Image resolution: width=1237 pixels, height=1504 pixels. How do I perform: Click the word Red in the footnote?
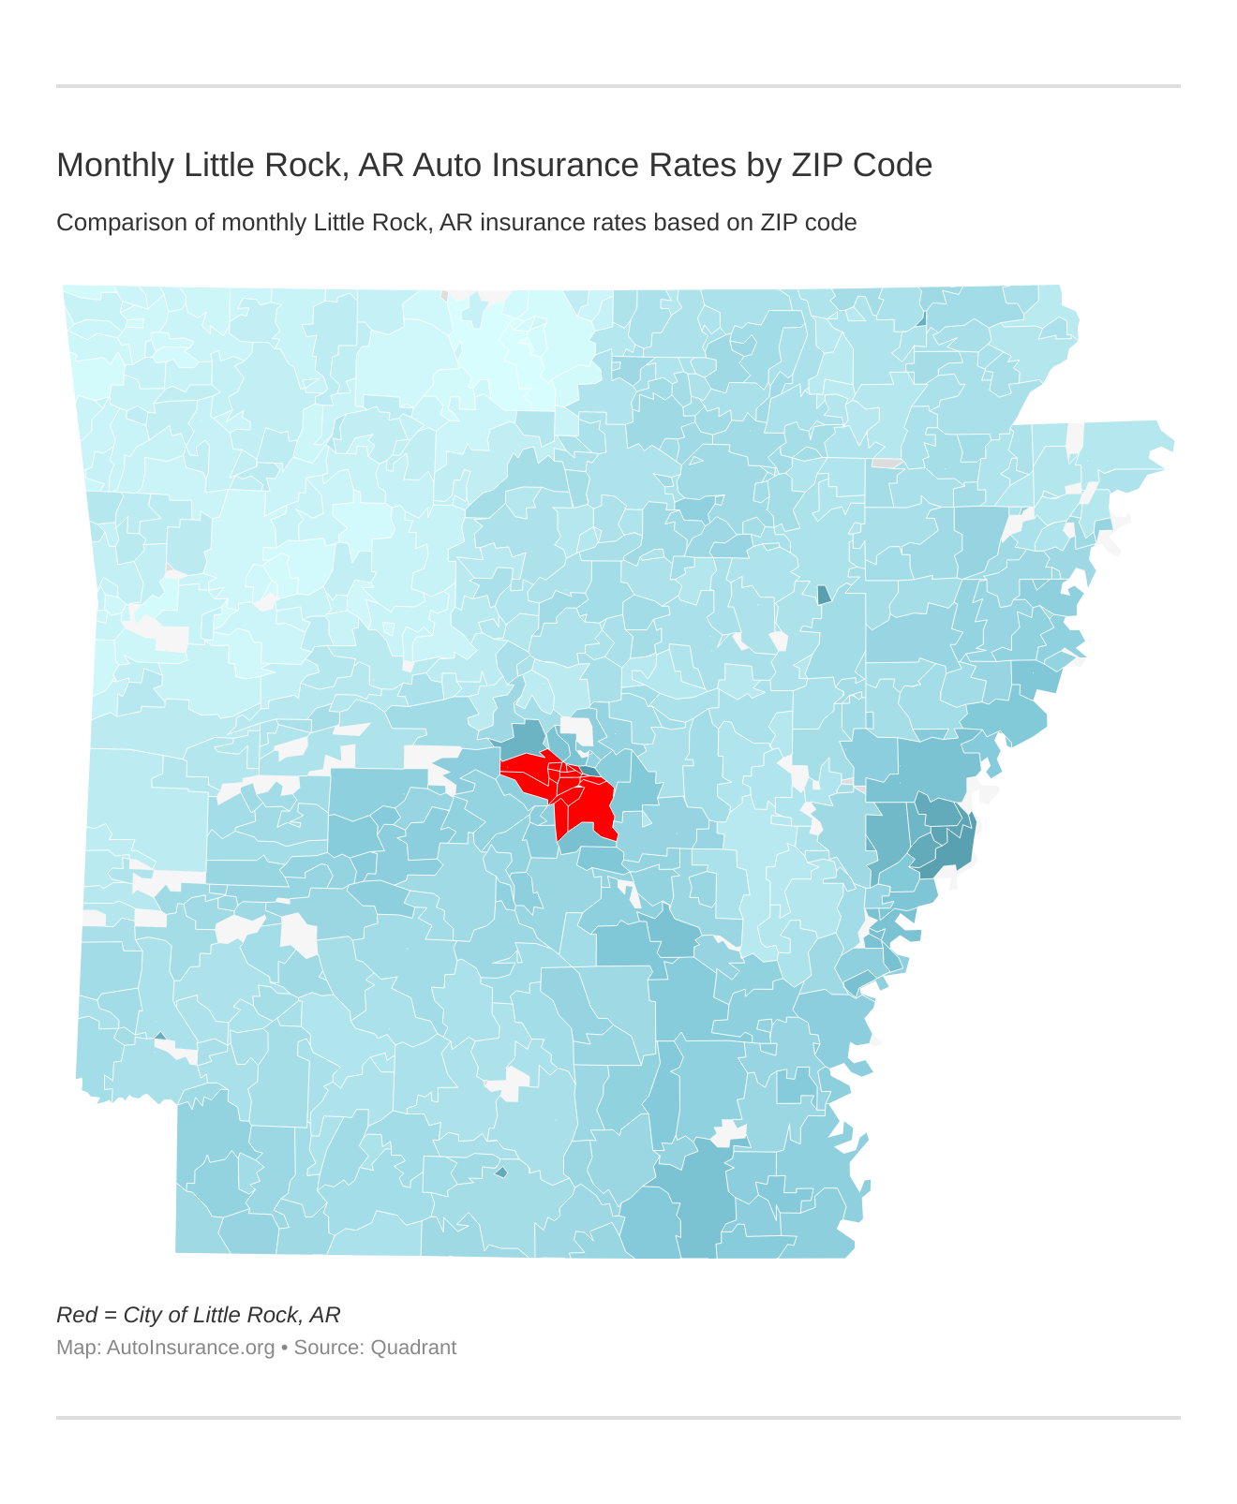pos(76,1315)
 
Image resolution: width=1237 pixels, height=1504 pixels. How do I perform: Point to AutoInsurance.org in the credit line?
pos(190,1348)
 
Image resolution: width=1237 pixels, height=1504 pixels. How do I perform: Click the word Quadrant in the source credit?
pos(413,1348)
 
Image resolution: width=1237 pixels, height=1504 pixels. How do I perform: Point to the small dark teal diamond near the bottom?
pos(501,1172)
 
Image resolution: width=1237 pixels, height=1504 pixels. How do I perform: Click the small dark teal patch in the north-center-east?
pos(824,595)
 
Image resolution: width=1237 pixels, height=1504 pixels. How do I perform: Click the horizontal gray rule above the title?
pos(618,86)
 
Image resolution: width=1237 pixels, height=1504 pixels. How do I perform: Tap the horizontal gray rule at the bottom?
pos(618,1417)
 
